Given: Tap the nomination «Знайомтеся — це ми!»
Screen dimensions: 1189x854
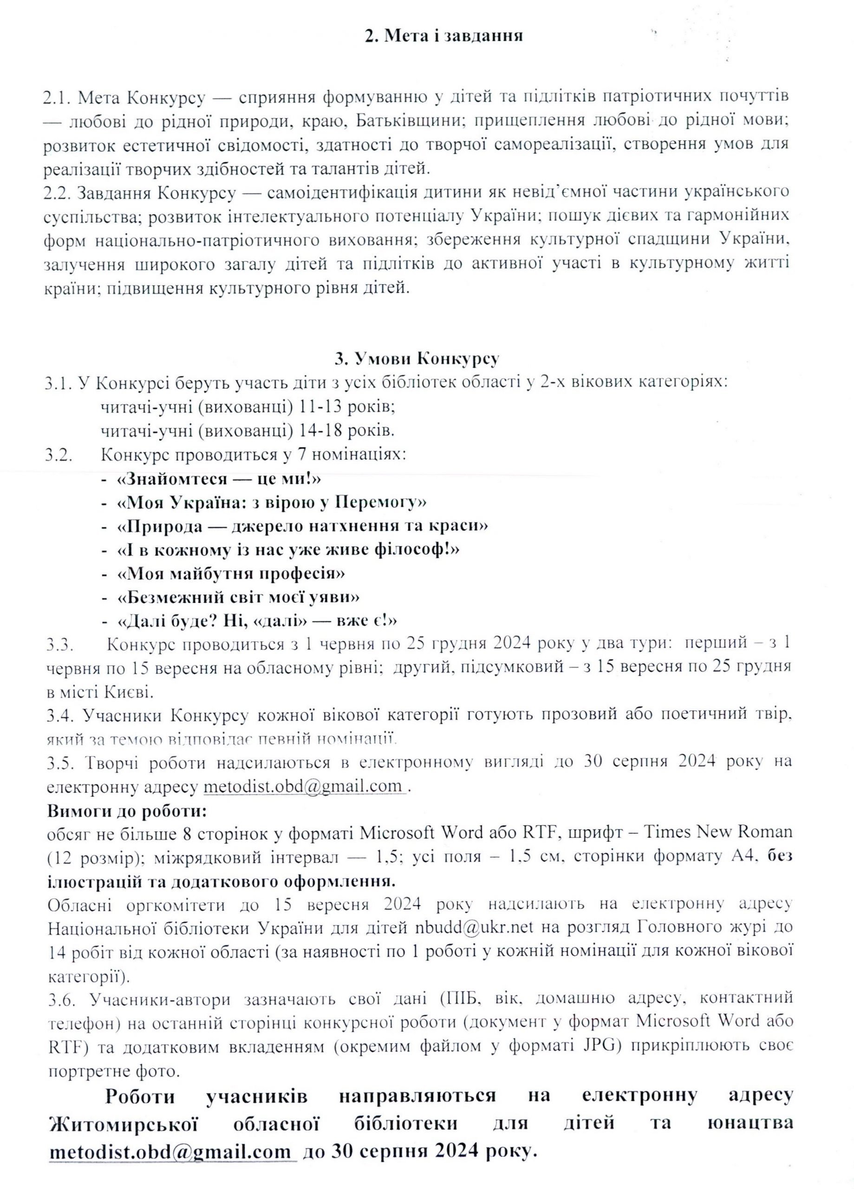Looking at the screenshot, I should click(x=219, y=479).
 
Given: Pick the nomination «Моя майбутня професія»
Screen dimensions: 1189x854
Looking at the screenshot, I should click(x=231, y=573).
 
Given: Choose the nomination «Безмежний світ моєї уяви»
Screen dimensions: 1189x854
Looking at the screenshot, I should click(x=239, y=597).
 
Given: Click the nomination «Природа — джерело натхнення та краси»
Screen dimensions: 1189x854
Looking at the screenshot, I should click(x=302, y=526).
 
